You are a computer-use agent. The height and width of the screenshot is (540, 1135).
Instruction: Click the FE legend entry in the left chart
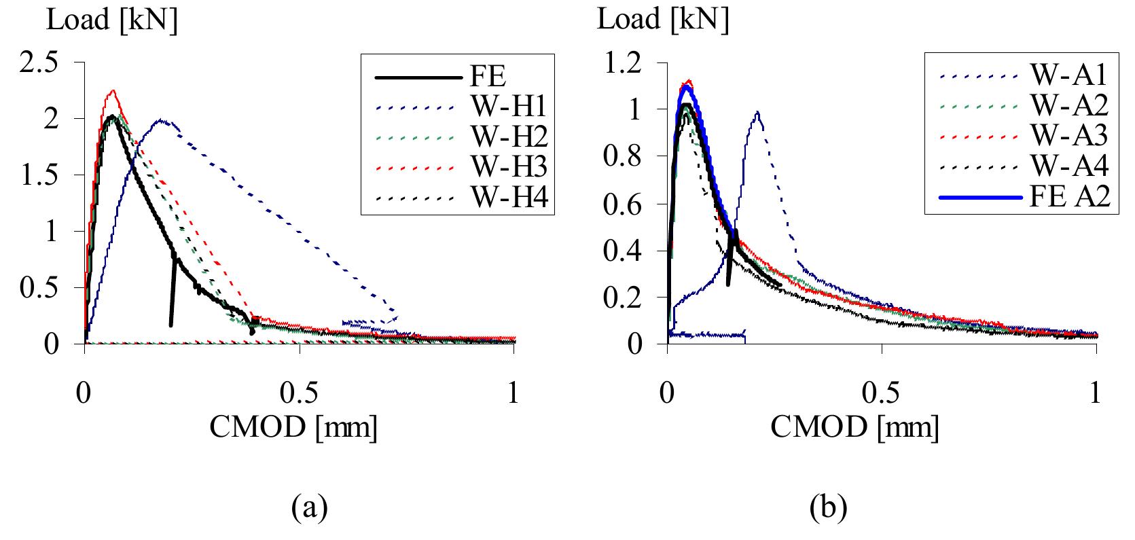[487, 76]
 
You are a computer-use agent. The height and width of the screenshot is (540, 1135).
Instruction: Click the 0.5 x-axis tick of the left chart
[299, 395]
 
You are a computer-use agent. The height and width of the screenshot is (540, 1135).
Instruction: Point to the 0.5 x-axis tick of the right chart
[882, 395]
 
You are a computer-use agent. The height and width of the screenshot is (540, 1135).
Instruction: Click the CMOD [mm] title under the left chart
[293, 428]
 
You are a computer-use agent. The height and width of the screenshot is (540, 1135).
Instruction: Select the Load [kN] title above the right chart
[662, 20]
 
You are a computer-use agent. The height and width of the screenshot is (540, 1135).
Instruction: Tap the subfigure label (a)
[309, 507]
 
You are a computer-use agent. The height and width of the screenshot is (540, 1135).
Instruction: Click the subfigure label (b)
[827, 507]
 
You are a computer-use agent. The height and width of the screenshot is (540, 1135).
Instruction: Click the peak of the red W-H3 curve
[113, 90]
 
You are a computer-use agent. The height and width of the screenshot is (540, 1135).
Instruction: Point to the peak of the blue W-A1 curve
[757, 112]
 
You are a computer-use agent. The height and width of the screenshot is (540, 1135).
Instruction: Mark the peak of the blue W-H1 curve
[161, 120]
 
